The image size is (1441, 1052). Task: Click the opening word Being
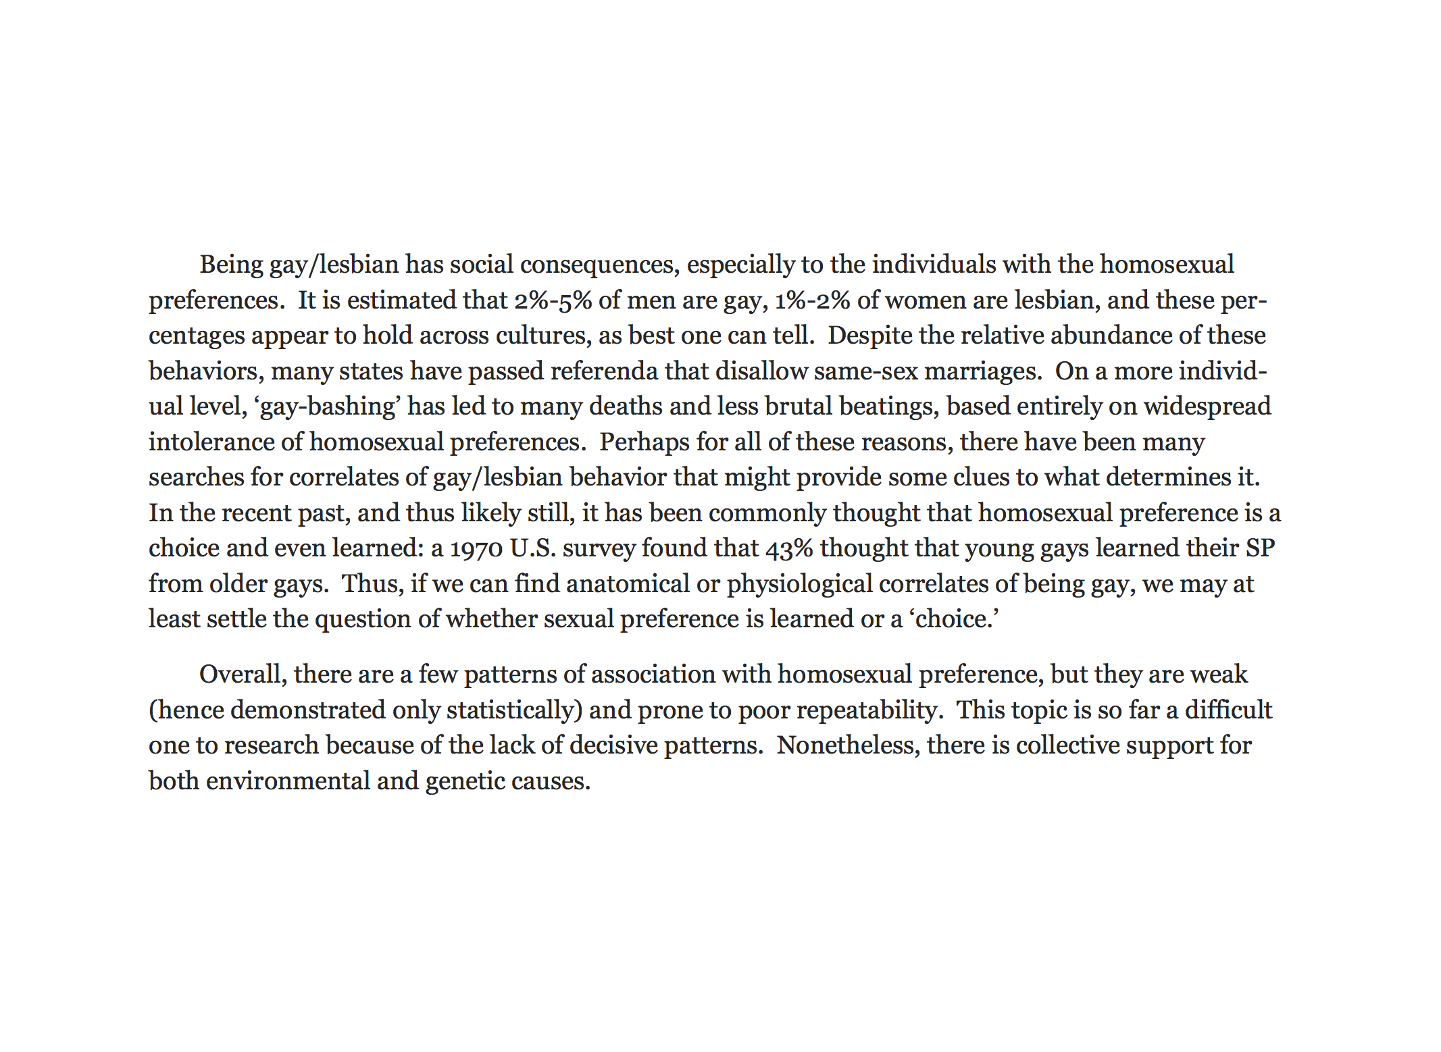tap(231, 265)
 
